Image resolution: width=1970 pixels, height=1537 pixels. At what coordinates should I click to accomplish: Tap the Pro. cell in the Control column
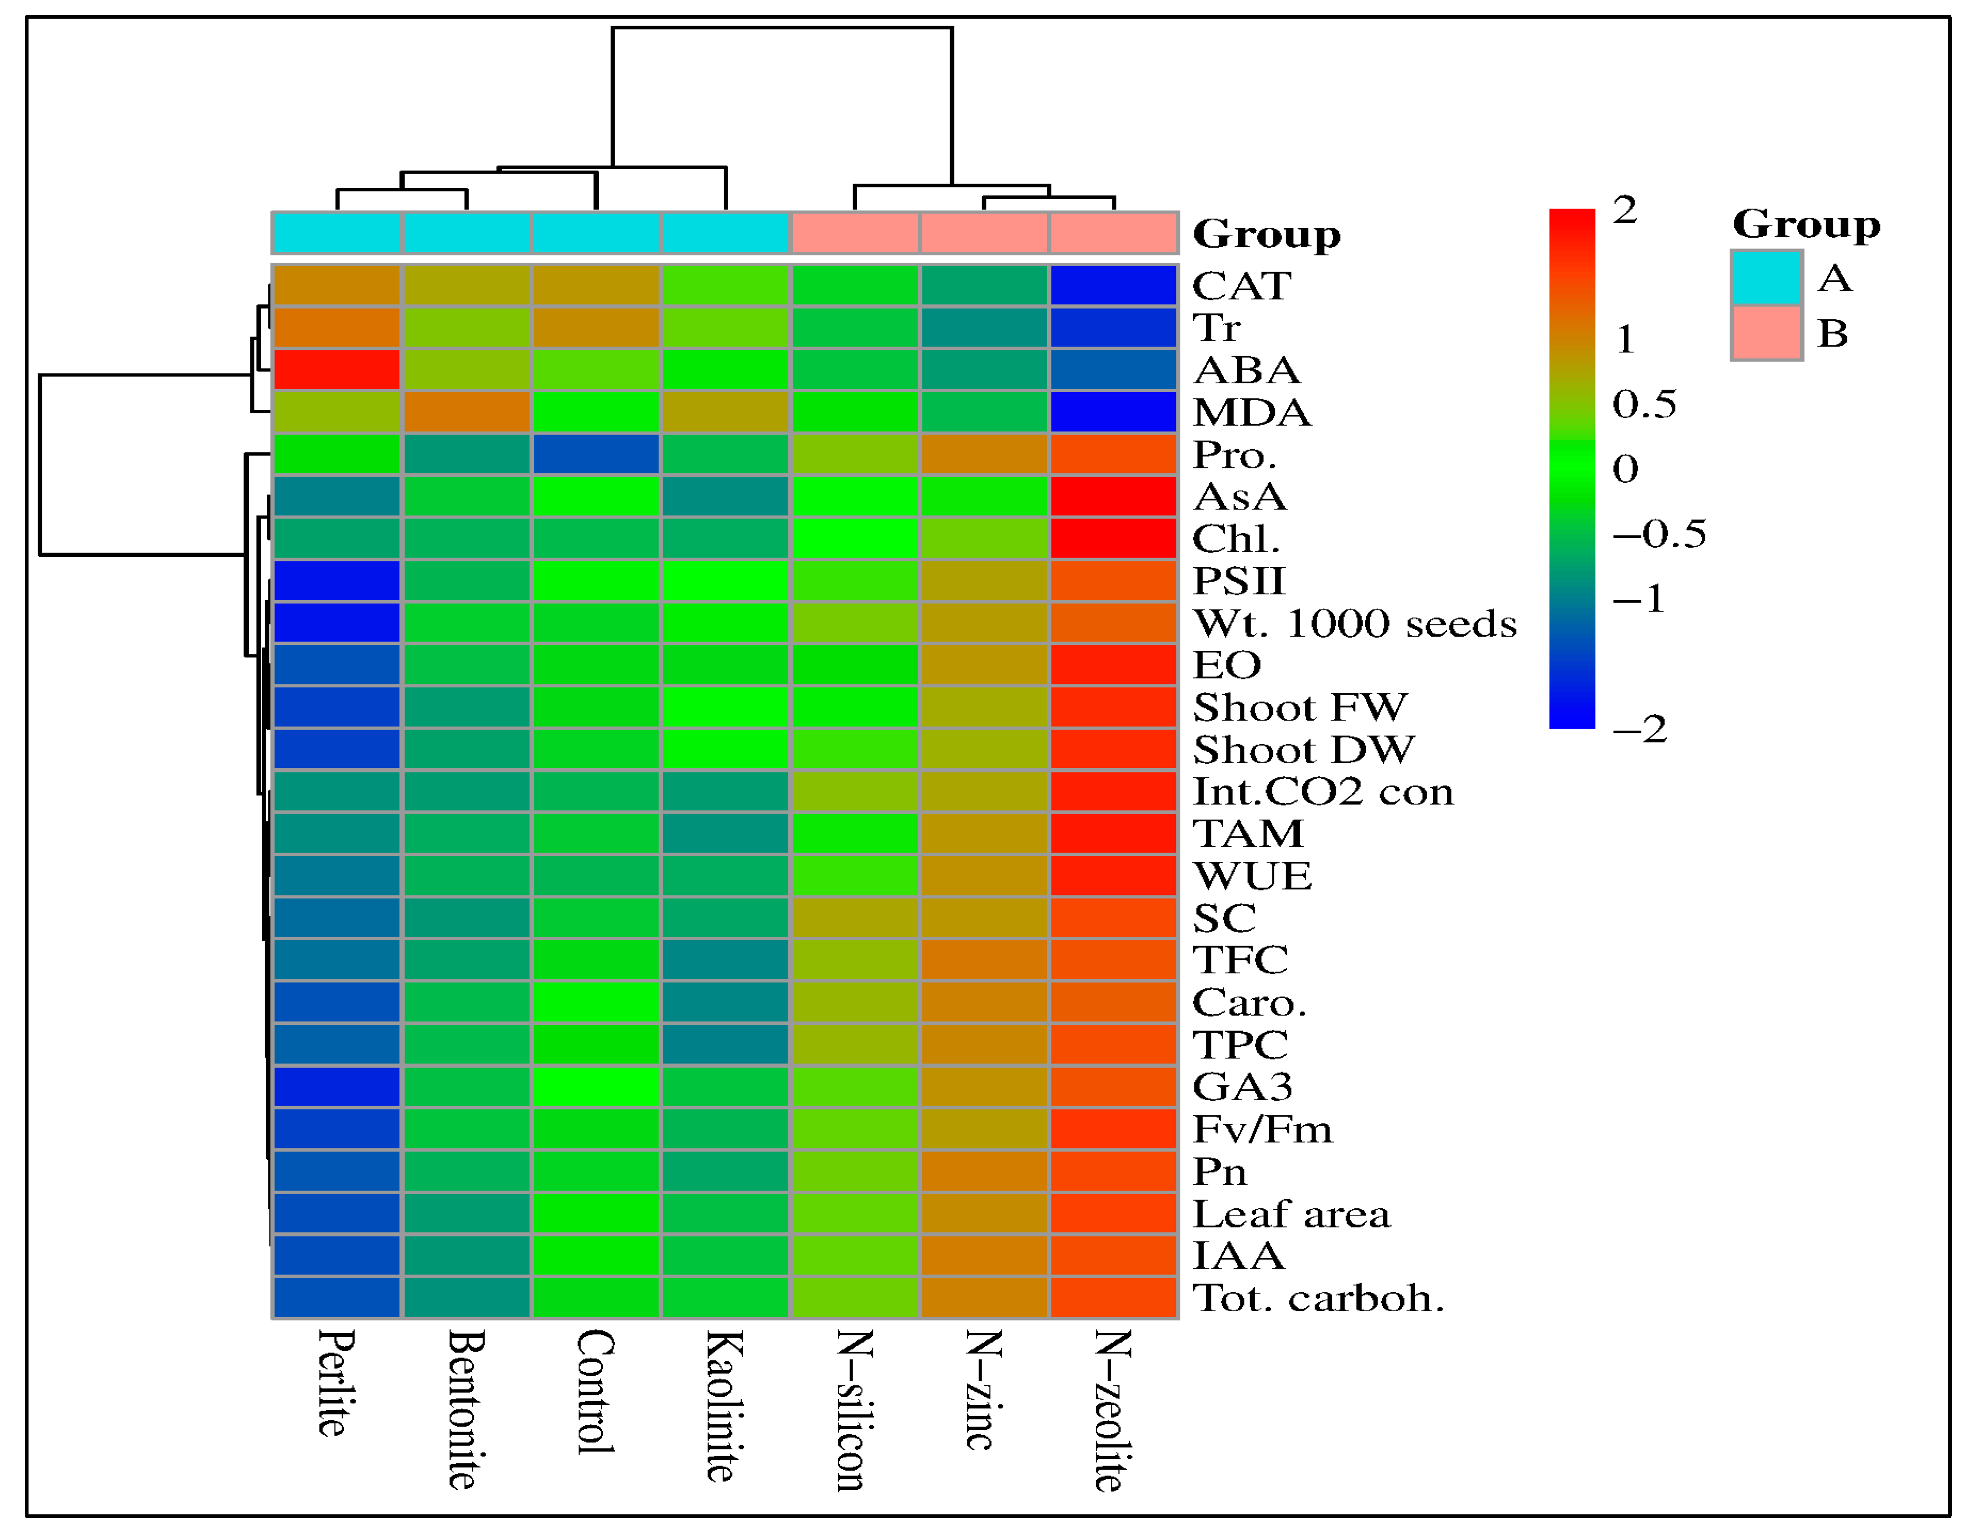pyautogui.click(x=595, y=454)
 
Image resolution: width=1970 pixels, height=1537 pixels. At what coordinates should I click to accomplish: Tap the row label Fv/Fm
pyautogui.click(x=1262, y=1129)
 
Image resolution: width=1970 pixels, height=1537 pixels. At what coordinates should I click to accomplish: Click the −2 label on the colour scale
pyautogui.click(x=1640, y=729)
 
